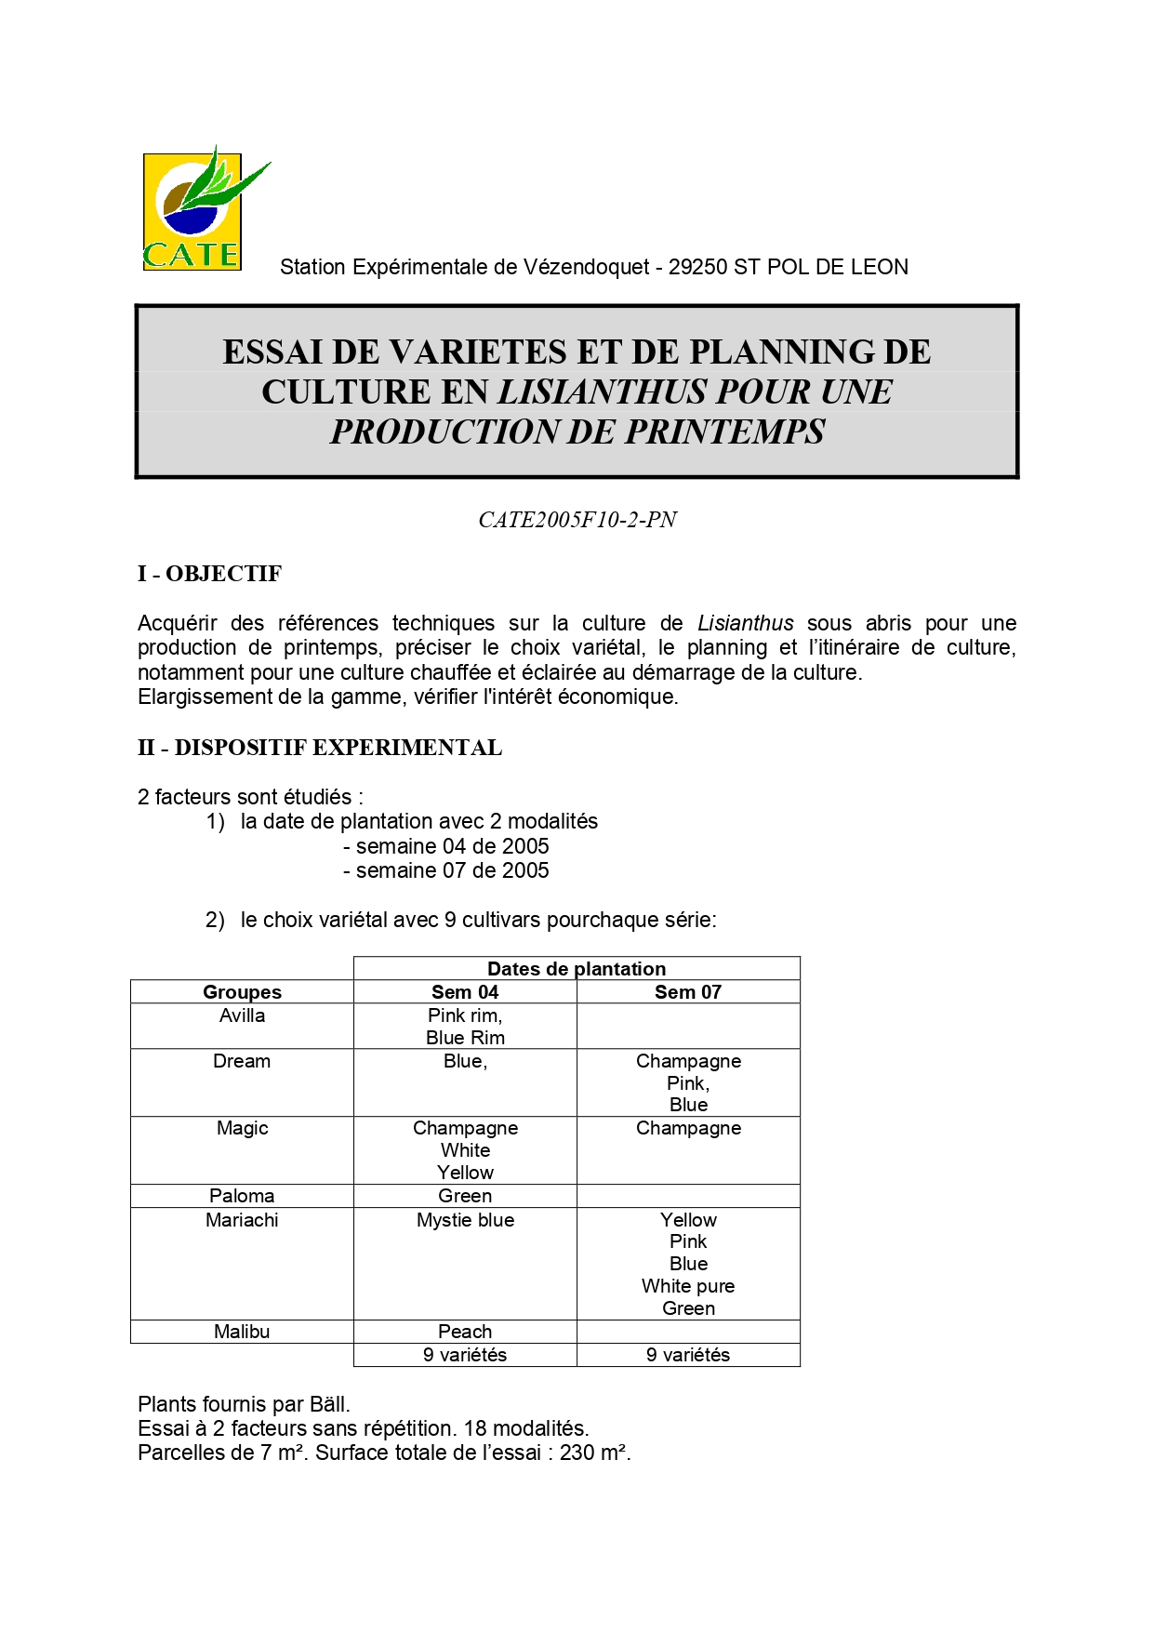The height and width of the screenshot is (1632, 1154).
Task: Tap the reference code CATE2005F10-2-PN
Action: coord(577,520)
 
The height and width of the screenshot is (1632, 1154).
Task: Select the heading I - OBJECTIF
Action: coord(209,574)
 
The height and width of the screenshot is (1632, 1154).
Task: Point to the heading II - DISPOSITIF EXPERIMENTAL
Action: coord(320,748)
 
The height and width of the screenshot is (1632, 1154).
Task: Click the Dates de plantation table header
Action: coord(577,968)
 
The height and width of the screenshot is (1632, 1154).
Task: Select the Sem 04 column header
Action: coord(465,992)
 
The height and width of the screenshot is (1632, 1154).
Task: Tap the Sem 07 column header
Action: coord(688,992)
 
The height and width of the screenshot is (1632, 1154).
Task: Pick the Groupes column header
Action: coord(242,992)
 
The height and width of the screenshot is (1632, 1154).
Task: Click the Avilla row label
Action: coord(242,1015)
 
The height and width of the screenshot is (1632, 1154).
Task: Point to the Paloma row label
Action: coord(242,1196)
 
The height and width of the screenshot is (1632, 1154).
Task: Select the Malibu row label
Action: coord(242,1332)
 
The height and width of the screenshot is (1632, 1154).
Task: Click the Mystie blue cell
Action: coord(465,1220)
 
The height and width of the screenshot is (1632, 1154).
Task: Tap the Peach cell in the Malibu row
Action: coord(465,1332)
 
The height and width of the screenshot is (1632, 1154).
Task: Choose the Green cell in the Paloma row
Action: coord(465,1196)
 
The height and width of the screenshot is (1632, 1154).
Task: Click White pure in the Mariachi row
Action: coord(688,1286)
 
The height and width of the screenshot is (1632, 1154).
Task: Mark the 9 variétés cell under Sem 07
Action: coord(688,1355)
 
